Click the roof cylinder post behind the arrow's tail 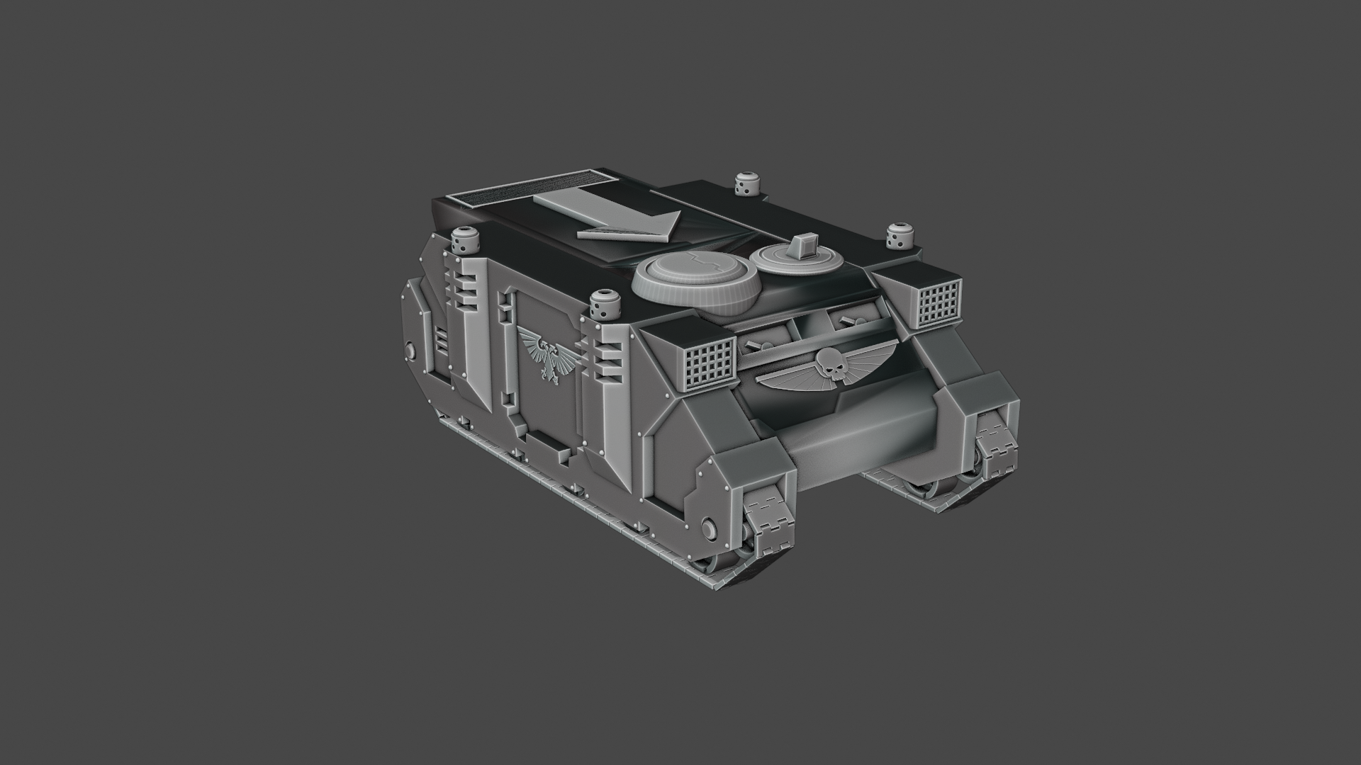[x=465, y=242]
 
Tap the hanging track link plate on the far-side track [x=996, y=442]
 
